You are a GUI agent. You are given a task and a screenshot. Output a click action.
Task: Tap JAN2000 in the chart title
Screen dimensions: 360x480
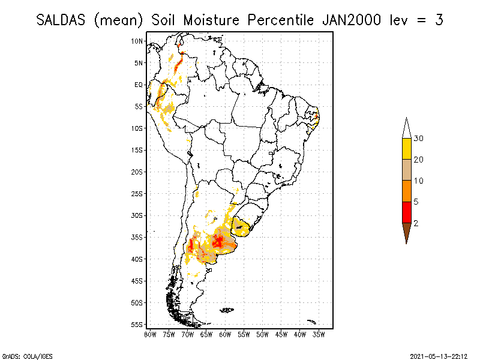tap(349, 20)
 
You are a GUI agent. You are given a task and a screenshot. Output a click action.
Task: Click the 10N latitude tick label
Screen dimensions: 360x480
tap(137, 41)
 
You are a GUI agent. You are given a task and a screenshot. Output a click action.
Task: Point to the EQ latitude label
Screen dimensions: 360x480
tap(139, 85)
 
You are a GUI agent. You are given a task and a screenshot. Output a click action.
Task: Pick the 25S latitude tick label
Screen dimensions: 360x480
tap(137, 194)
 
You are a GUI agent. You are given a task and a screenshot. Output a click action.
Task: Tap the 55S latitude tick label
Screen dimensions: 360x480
tap(137, 325)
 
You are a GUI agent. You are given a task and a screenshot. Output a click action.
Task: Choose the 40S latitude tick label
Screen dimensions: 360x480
tap(137, 259)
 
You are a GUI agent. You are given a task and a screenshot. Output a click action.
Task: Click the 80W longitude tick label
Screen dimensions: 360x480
tap(150, 334)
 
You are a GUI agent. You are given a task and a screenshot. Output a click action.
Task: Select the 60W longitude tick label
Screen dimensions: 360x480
tap(225, 334)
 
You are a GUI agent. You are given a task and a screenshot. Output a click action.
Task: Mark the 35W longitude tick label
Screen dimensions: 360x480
tap(319, 334)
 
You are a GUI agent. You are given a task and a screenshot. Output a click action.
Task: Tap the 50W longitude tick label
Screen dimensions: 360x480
tap(262, 334)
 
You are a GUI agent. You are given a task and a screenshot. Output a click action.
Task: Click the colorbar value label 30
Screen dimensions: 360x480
tap(419, 139)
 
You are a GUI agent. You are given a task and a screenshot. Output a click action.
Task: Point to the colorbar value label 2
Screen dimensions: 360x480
tap(416, 223)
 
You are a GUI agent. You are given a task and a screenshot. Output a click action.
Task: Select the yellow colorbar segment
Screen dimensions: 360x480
tap(406, 149)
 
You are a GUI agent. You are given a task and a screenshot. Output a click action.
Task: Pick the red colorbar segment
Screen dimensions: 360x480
tap(406, 212)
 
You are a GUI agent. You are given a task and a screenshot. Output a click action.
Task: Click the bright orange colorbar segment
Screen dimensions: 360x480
tap(406, 191)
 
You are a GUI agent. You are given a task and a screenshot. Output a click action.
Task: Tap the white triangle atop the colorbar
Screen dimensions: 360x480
tap(406, 128)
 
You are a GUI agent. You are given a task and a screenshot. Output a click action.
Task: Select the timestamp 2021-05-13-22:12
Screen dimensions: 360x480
tap(439, 355)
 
